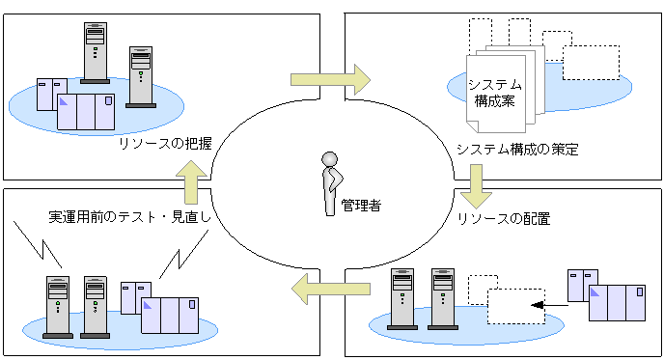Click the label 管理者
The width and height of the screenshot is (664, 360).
(x=361, y=206)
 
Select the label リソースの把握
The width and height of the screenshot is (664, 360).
(x=164, y=143)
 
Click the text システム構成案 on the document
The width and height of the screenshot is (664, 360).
(x=495, y=92)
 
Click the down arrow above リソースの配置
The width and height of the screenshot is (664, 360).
(x=476, y=185)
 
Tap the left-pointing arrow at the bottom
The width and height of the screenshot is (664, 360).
(x=332, y=287)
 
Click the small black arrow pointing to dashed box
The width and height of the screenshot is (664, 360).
(x=546, y=306)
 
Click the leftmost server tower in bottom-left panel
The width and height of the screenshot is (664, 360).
(x=59, y=306)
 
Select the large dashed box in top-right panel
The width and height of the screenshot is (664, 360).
(x=591, y=62)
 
